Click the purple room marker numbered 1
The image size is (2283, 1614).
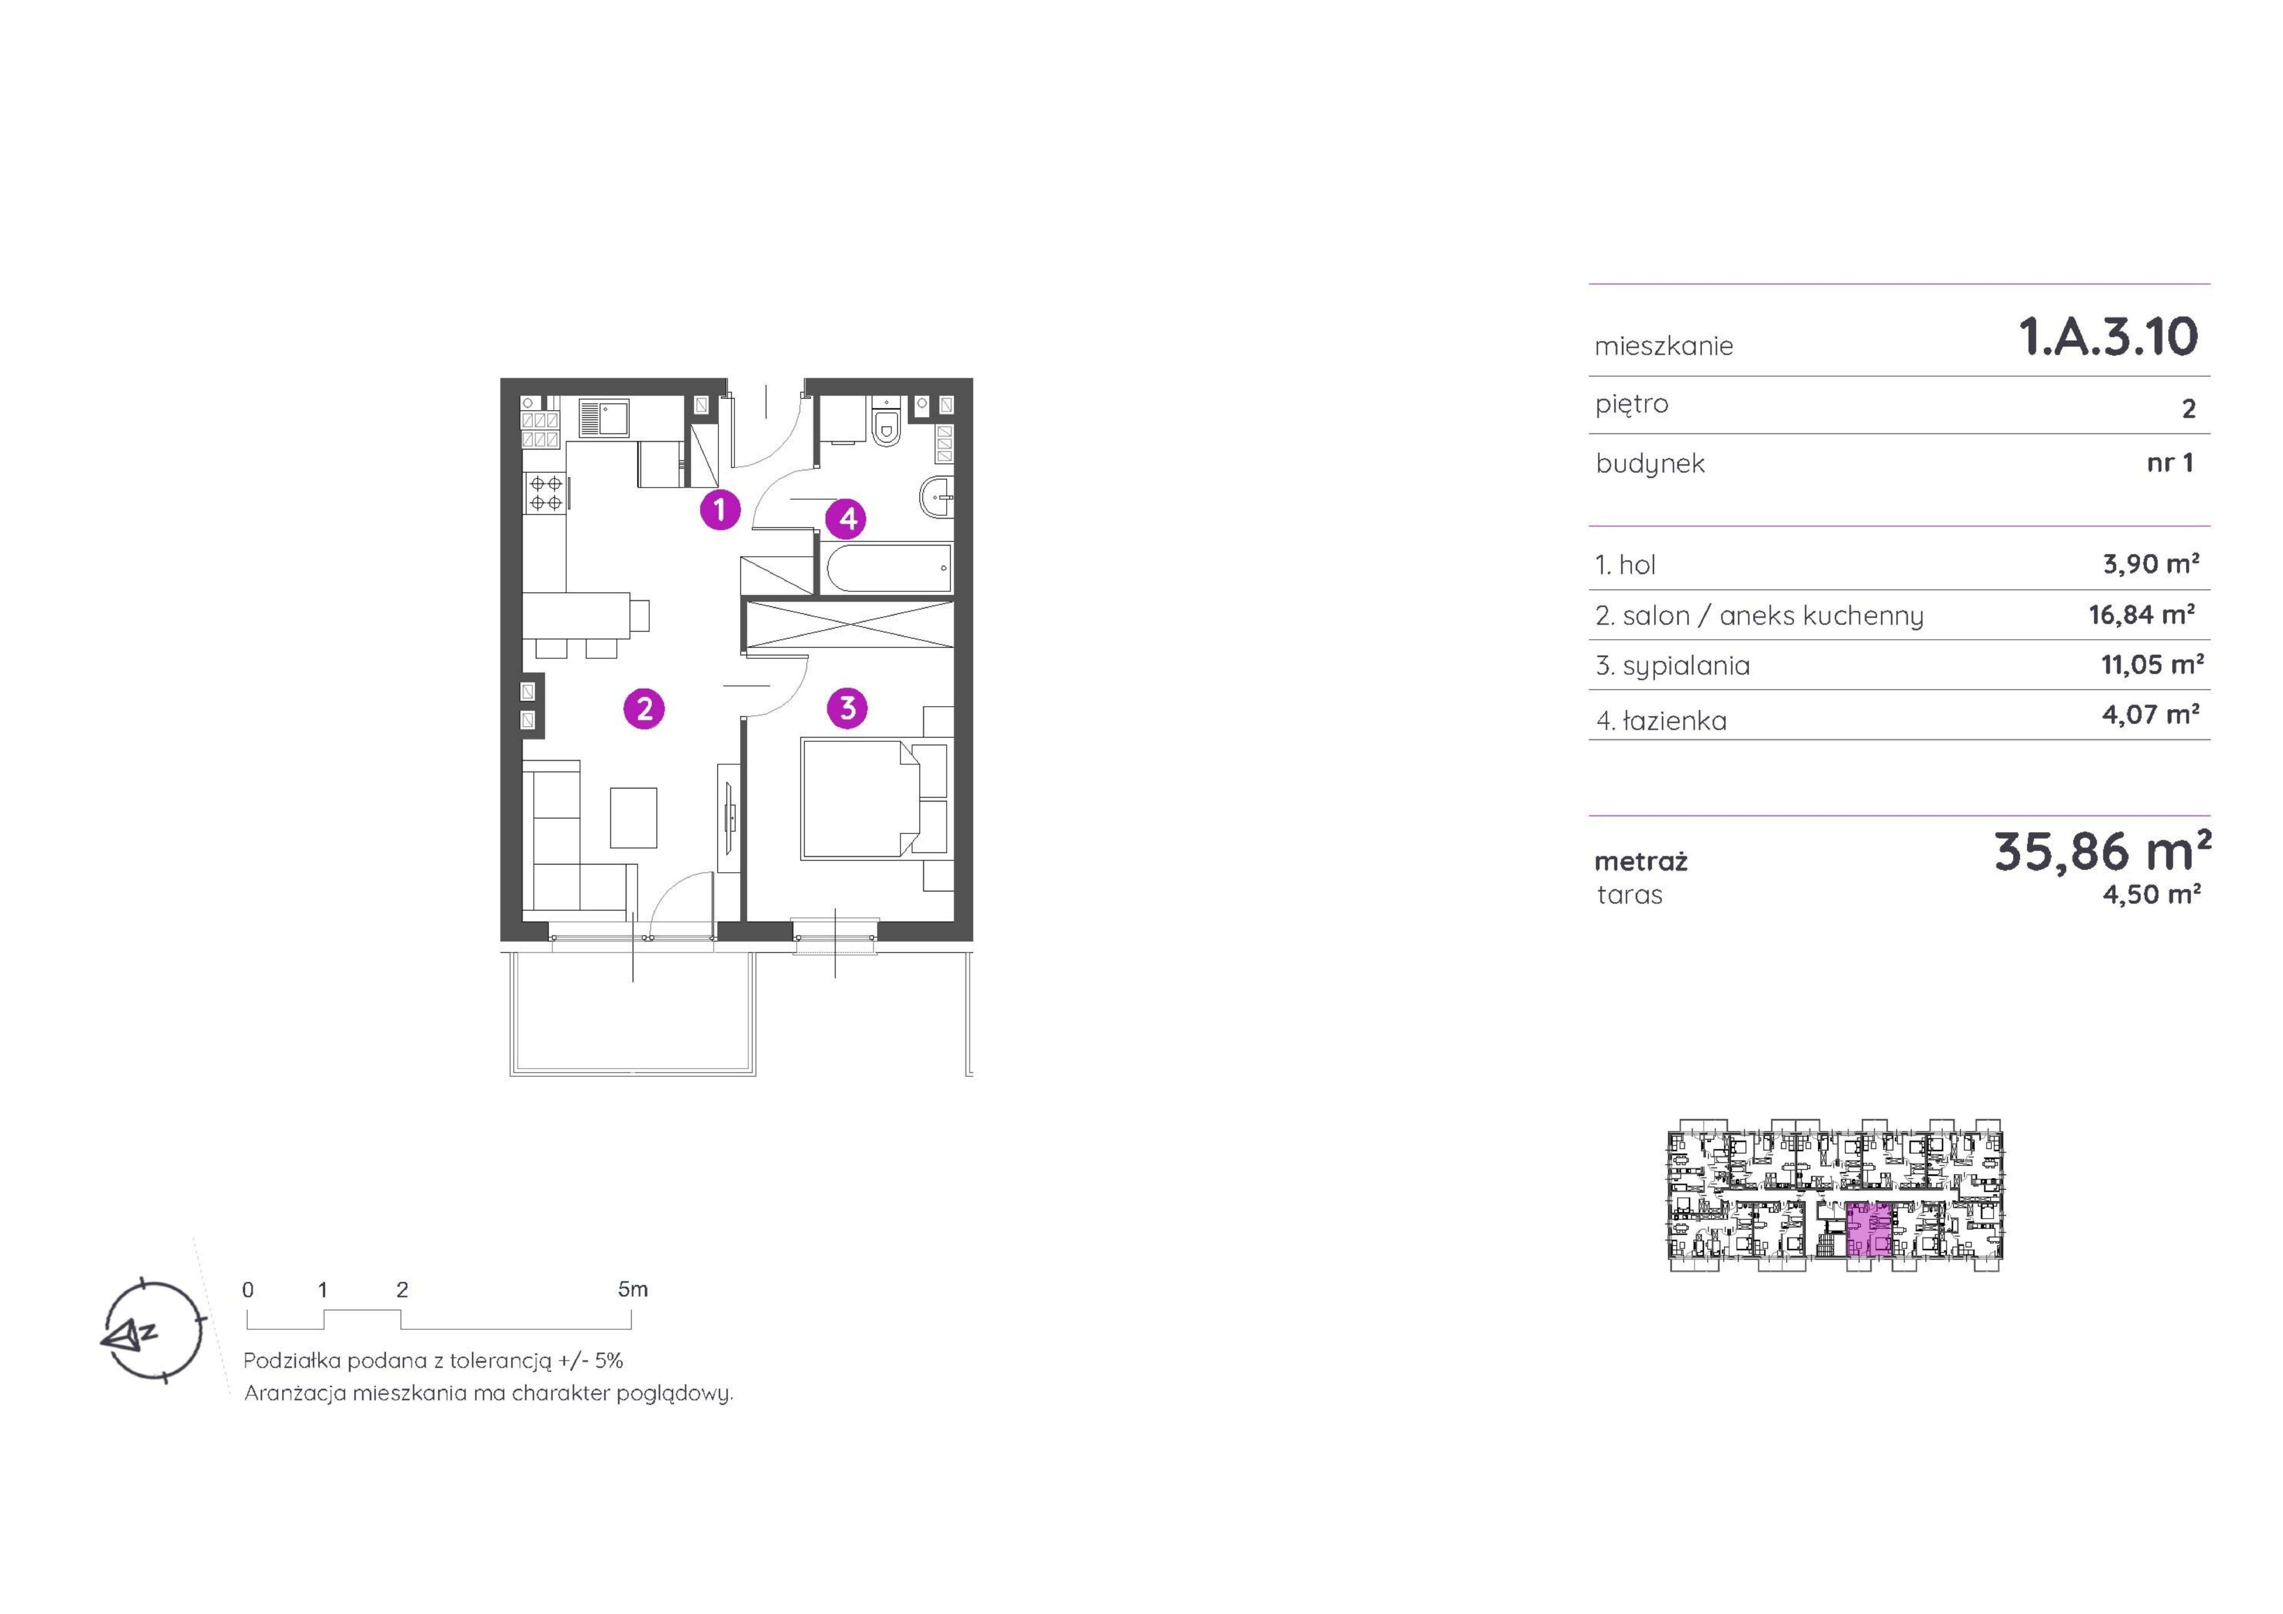point(720,510)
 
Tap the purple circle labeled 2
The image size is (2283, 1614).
point(644,709)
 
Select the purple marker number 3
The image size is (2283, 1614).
point(847,708)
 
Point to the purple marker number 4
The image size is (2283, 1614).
point(847,518)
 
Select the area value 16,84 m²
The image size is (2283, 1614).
point(2142,615)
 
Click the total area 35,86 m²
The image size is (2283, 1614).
point(2102,851)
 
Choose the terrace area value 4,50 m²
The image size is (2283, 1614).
point(2151,894)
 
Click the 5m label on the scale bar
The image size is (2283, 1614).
point(632,1290)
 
